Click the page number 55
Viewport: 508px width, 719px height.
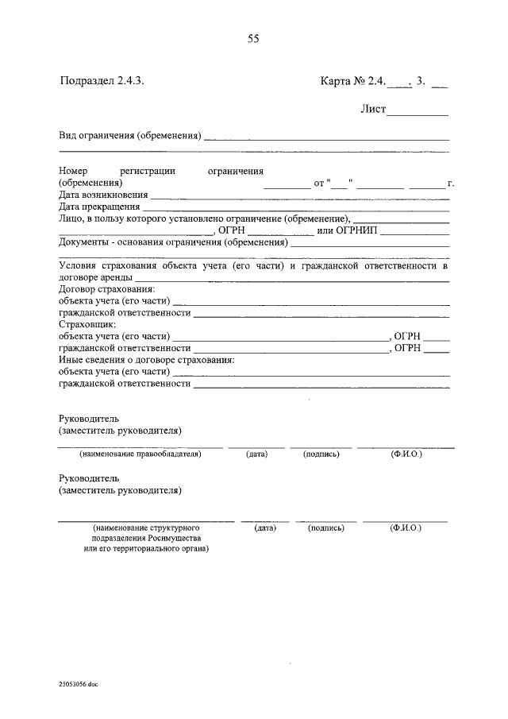click(x=253, y=38)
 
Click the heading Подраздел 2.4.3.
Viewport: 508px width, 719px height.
click(x=102, y=80)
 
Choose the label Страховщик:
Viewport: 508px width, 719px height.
click(x=88, y=324)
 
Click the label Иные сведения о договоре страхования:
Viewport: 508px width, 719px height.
click(x=147, y=359)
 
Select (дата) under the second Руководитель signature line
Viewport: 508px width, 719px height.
click(x=264, y=527)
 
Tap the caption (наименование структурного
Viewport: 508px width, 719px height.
click(x=145, y=527)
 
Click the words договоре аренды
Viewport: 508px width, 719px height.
click(x=95, y=278)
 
